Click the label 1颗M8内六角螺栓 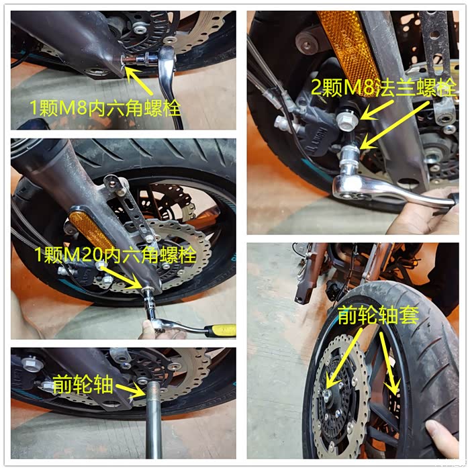pyautogui.click(x=105, y=108)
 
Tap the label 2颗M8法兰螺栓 pyautogui.click(x=383, y=87)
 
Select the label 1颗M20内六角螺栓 pyautogui.click(x=115, y=254)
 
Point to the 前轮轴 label pyautogui.click(x=83, y=384)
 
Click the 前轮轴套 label pyautogui.click(x=378, y=315)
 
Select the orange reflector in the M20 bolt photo pyautogui.click(x=89, y=230)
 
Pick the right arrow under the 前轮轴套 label pyautogui.click(x=389, y=362)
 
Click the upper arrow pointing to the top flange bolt pyautogui.click(x=377, y=110)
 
